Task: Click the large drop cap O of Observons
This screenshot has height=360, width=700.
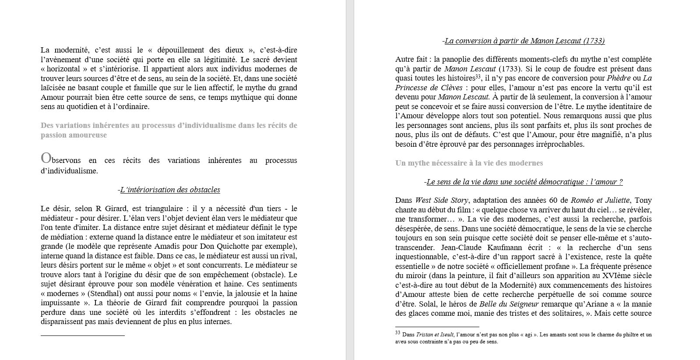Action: coord(46,158)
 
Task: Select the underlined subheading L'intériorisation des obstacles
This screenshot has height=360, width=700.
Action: coord(170,190)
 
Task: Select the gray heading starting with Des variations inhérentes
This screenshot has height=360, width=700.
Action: coord(169,130)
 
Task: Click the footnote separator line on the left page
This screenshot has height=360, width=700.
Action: coord(82,335)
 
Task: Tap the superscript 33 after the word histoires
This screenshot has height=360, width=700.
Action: coord(478,77)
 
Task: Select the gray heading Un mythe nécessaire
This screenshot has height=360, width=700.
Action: coord(469,163)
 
